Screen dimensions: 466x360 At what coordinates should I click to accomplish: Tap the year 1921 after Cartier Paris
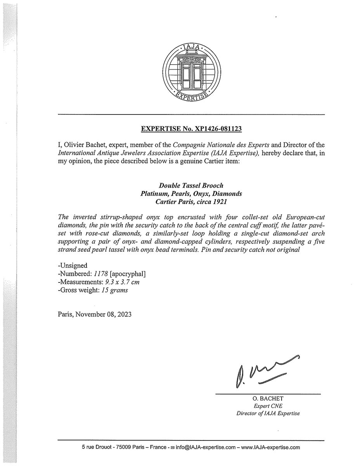[218, 201]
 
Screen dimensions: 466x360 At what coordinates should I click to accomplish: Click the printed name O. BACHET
[268, 399]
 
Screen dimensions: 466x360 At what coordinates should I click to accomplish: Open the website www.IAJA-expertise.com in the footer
[271, 447]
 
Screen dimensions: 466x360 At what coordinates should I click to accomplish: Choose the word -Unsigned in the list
[71, 267]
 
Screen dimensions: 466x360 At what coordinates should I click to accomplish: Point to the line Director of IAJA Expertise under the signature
[268, 414]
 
